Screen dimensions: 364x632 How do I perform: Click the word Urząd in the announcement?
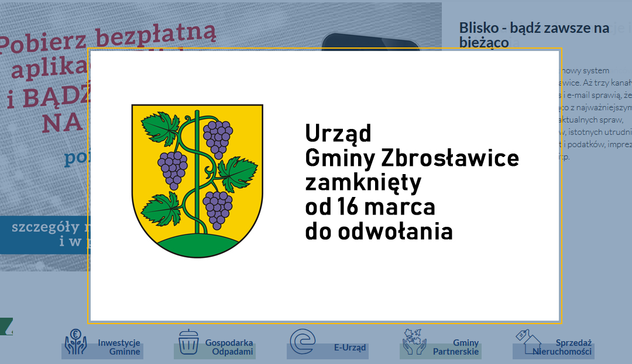click(x=338, y=134)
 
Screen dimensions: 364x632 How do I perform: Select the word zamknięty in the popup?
click(x=363, y=183)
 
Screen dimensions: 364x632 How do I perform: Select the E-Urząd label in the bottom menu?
click(x=350, y=347)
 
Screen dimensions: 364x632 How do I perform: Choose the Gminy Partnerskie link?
click(x=456, y=347)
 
